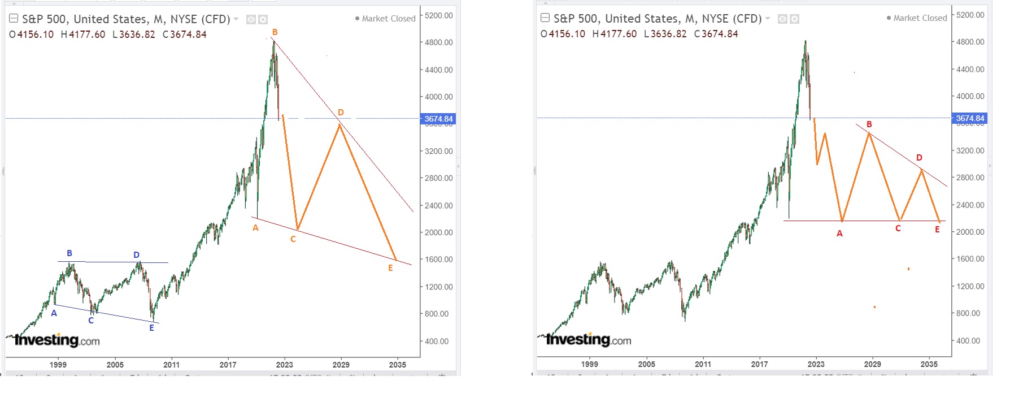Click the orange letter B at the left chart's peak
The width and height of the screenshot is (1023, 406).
pyautogui.click(x=275, y=32)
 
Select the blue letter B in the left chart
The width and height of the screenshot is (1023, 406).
pyautogui.click(x=69, y=253)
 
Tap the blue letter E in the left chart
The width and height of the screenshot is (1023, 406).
pyautogui.click(x=151, y=328)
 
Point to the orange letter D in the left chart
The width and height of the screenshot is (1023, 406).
pyautogui.click(x=341, y=113)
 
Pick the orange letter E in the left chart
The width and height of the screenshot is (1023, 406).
pyautogui.click(x=390, y=268)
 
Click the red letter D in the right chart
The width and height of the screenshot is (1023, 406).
pyautogui.click(x=919, y=158)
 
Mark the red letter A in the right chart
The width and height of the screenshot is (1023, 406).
pyautogui.click(x=839, y=234)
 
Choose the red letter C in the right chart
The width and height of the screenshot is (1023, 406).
pyautogui.click(x=898, y=228)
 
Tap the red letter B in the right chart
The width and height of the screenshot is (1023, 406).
pyautogui.click(x=869, y=124)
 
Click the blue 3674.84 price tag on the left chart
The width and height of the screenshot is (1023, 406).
pyautogui.click(x=438, y=119)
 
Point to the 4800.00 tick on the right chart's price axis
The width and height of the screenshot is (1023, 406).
pyautogui.click(x=970, y=42)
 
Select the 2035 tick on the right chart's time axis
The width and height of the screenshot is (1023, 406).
pyautogui.click(x=929, y=364)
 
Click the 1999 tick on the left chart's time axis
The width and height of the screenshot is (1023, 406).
pyautogui.click(x=58, y=365)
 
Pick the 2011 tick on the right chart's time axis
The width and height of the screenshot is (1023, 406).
pyautogui.click(x=703, y=364)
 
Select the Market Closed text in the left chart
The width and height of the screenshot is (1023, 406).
pyautogui.click(x=389, y=19)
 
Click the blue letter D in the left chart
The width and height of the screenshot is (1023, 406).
pyautogui.click(x=136, y=255)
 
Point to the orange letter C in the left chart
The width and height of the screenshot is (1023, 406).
pyautogui.click(x=293, y=239)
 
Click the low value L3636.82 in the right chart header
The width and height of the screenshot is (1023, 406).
pyautogui.click(x=665, y=34)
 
